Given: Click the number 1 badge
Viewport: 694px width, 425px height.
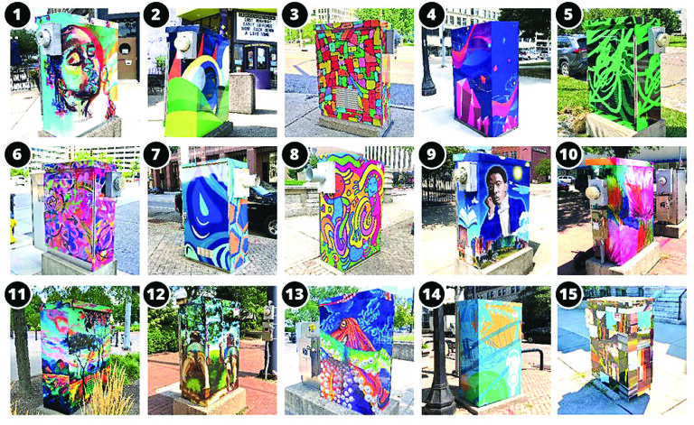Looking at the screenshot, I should [19, 16].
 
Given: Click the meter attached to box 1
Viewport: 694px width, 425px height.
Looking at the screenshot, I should [45, 38].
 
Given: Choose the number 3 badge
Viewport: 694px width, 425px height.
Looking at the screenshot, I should [296, 16].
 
